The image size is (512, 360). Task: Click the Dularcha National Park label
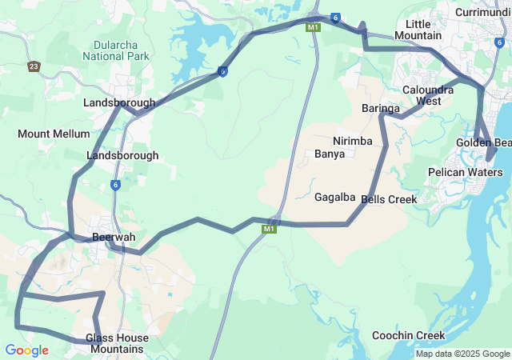116,50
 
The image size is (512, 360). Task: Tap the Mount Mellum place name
48,134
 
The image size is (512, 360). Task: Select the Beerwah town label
114,238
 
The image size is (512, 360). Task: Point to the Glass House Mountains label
117,343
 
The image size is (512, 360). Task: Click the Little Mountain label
418,30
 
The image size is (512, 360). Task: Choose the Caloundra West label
433,95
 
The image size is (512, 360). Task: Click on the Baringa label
380,108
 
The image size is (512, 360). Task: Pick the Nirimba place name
353,141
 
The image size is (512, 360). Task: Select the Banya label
330,154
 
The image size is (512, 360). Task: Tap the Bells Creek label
390,199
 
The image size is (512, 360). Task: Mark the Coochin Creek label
408,336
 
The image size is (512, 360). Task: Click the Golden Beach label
484,142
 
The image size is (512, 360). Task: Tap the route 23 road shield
34,66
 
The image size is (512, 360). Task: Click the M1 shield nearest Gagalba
268,230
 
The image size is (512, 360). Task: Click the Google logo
26,350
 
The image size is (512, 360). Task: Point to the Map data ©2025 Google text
462,354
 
